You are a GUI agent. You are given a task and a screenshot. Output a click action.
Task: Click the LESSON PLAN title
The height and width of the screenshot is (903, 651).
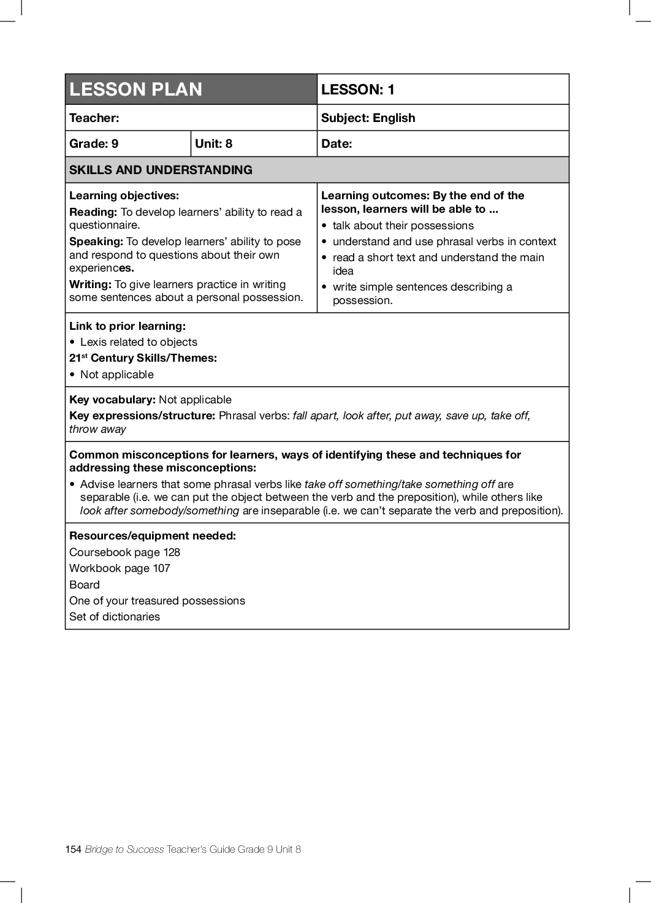pos(135,90)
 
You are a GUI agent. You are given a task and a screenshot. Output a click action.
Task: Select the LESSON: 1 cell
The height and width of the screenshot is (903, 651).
pos(358,90)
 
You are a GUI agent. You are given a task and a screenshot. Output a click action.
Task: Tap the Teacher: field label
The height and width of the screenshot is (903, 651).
pos(94,118)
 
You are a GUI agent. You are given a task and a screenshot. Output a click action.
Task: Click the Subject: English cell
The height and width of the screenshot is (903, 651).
pos(368,118)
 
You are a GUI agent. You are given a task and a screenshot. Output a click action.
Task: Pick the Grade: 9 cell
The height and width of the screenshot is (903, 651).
pos(94,143)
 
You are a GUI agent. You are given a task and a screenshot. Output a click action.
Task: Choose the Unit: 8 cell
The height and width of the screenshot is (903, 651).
pos(213,143)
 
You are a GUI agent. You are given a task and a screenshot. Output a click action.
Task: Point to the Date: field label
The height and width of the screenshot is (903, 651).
pos(337,143)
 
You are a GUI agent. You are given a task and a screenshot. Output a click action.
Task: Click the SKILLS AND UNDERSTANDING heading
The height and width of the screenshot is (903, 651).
pos(161,170)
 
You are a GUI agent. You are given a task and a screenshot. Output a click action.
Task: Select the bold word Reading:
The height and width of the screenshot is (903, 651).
pos(93,212)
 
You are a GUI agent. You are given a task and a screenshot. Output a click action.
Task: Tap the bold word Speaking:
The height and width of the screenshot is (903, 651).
pos(96,242)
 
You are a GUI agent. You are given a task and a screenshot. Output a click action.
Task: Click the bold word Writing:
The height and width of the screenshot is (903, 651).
pos(90,284)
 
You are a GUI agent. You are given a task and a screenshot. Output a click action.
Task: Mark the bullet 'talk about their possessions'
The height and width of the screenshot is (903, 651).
pos(403,226)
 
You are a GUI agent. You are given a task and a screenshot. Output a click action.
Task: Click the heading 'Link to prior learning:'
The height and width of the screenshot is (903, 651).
pos(128,326)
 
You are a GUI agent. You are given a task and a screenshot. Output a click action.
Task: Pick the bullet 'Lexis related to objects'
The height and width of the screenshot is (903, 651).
pos(139,342)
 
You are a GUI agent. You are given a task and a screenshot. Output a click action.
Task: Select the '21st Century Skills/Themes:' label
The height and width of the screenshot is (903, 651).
pos(143,358)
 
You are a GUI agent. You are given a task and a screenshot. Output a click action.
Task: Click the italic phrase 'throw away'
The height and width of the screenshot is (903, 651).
pos(97,429)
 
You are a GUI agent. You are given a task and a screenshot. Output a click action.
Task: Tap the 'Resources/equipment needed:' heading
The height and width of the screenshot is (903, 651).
pos(153,536)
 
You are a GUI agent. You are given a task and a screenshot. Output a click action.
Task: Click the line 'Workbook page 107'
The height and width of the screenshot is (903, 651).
pos(120,568)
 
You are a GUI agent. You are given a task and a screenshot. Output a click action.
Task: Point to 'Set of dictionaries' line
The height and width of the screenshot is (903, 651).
pos(115,617)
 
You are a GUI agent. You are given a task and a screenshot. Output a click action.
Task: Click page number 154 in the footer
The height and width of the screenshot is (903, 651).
pos(73,849)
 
